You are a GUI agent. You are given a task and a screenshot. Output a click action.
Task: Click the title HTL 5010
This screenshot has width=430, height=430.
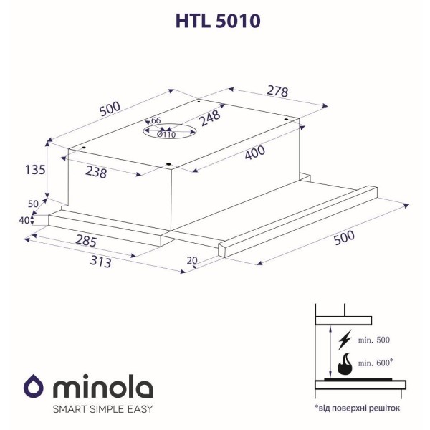click(218, 21)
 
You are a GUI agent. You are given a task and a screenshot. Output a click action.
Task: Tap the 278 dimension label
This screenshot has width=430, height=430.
click(277, 91)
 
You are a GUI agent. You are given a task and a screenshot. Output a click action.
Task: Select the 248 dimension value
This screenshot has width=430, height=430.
click(210, 118)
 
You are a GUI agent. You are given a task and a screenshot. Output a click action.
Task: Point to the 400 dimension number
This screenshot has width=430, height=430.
click(255, 153)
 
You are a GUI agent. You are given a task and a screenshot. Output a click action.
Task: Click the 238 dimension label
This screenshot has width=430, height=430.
click(96, 172)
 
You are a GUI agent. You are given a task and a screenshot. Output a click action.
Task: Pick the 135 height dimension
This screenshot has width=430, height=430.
click(35, 170)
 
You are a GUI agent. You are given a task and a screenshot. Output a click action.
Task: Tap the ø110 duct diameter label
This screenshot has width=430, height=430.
click(166, 135)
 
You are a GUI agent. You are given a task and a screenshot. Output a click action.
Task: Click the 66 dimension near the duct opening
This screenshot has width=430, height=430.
click(156, 120)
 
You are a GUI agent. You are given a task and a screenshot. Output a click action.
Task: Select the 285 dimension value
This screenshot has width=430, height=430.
click(86, 241)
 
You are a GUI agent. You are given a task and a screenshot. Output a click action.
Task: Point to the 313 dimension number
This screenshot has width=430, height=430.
click(100, 262)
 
